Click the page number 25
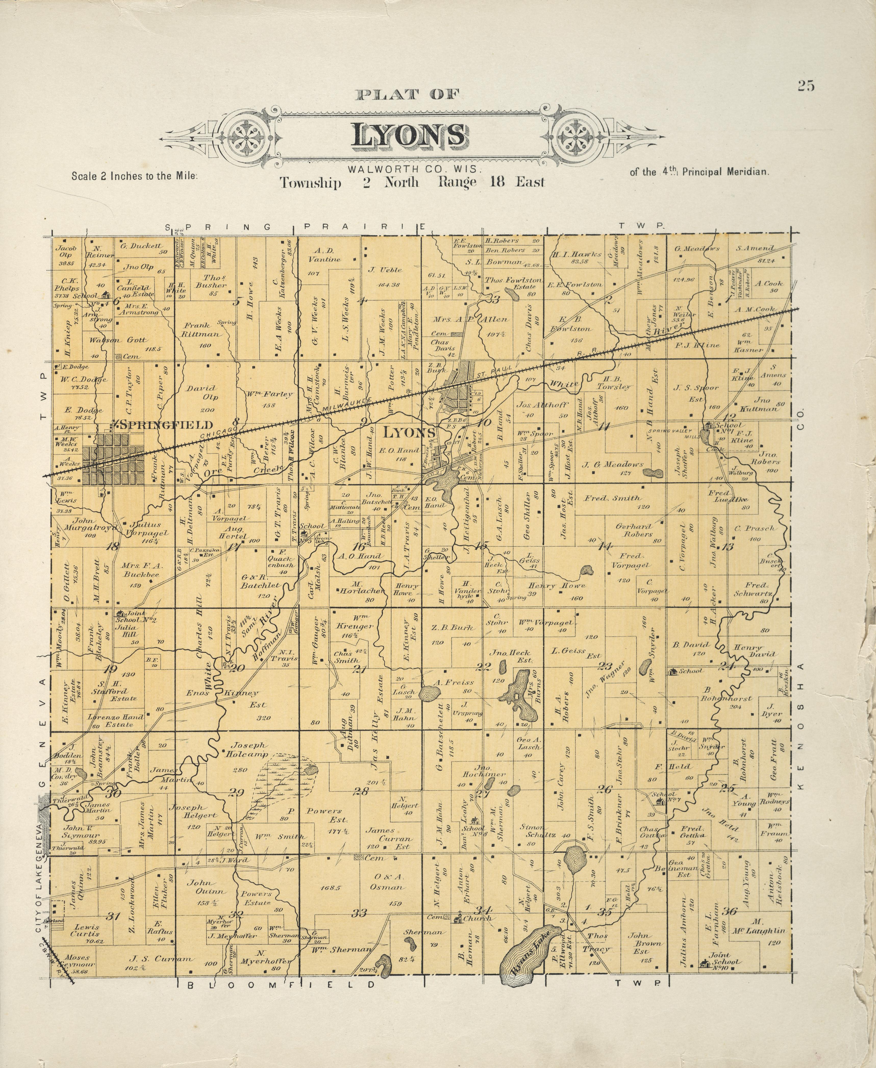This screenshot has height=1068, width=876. [x=806, y=86]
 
